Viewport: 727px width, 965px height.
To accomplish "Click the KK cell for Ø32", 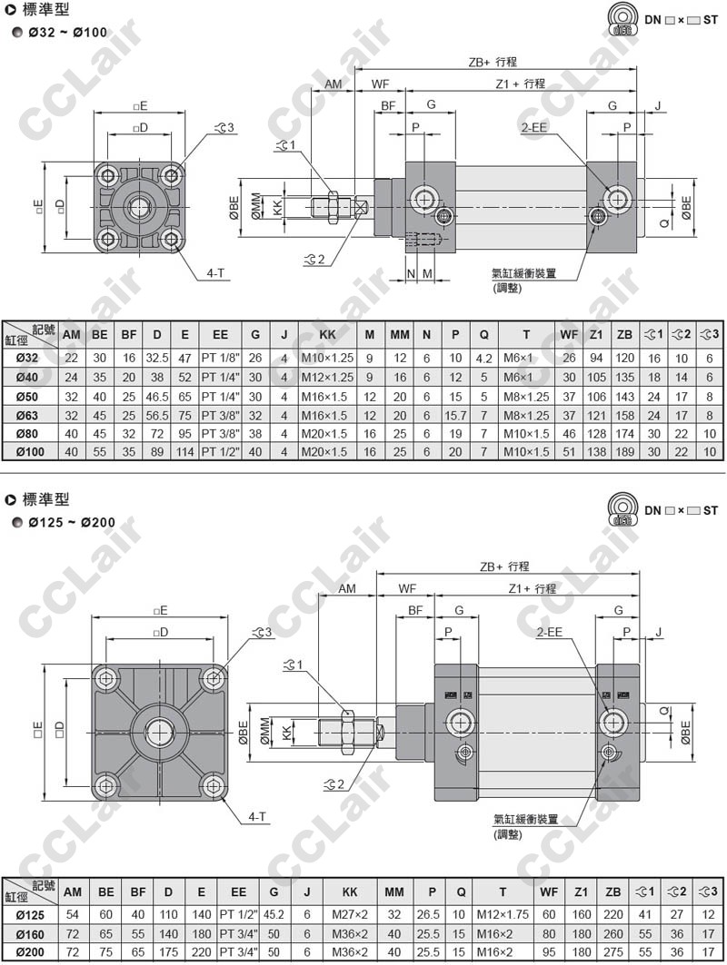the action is (x=327, y=359).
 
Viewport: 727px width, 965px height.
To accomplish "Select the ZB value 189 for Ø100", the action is (x=624, y=452).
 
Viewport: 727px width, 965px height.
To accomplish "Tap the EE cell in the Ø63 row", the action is (x=220, y=416).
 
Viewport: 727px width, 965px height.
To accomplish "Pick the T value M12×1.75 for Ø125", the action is (x=503, y=914).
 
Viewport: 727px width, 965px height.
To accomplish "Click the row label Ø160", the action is (x=30, y=934).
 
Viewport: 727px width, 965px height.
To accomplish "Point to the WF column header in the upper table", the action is (x=569, y=335).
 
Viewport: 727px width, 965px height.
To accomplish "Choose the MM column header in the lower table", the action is (x=394, y=891).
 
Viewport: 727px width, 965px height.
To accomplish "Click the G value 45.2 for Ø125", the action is (x=274, y=914).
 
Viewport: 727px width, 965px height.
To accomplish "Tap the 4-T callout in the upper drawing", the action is (x=215, y=272).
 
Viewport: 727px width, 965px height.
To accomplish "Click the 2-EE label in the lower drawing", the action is (x=550, y=632).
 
